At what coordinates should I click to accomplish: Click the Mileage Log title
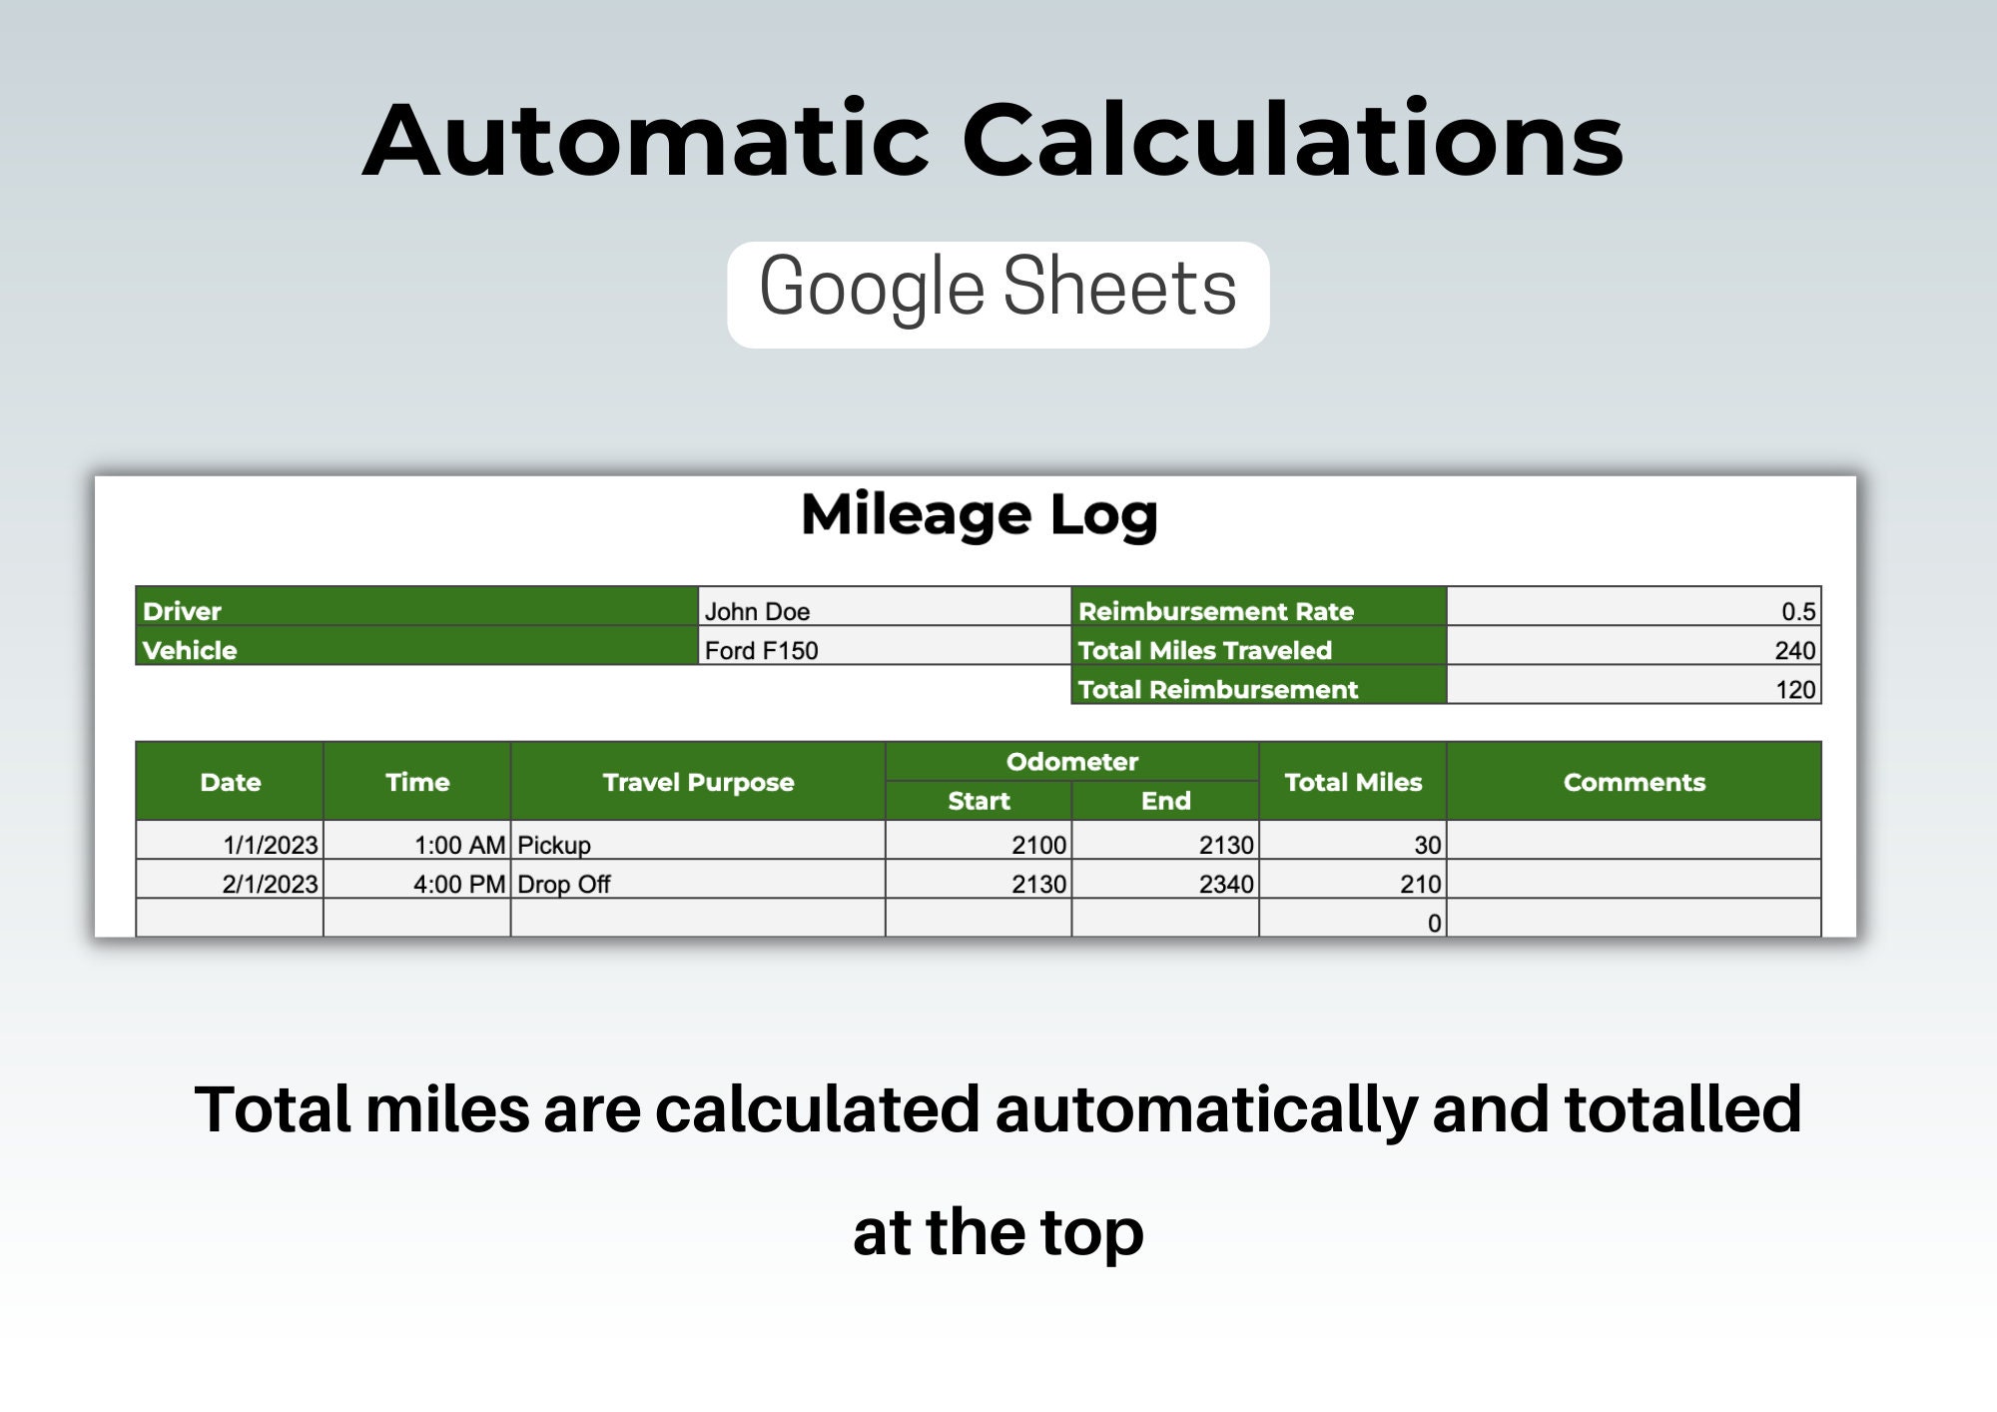coord(979,515)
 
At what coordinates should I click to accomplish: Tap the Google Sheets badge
coord(998,295)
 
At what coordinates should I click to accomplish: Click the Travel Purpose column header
coord(698,782)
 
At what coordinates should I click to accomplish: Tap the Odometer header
coord(1071,761)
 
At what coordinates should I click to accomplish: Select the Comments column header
coord(1634,782)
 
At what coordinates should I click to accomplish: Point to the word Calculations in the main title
coord(1292,140)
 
